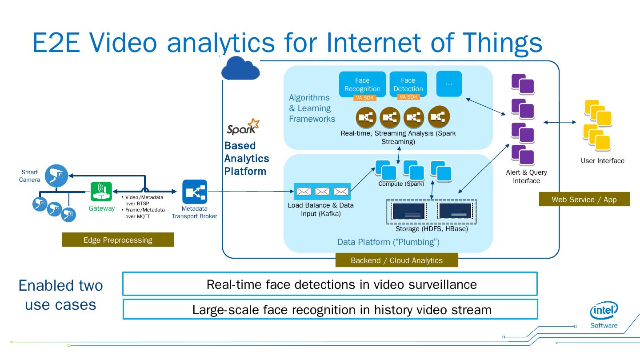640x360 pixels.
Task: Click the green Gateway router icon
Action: (x=101, y=192)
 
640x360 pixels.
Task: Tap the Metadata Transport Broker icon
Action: (x=195, y=192)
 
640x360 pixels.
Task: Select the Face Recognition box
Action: (x=362, y=84)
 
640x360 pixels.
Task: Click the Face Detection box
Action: (x=408, y=84)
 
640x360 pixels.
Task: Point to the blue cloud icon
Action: (x=240, y=68)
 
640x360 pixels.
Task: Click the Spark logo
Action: (x=243, y=127)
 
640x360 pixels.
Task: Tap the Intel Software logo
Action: (x=604, y=315)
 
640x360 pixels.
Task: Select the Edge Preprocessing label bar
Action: (x=118, y=240)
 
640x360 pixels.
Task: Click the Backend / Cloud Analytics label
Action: (x=396, y=260)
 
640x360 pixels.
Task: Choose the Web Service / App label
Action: (x=584, y=200)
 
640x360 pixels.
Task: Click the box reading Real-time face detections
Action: (x=330, y=284)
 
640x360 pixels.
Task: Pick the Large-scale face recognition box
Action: (x=330, y=309)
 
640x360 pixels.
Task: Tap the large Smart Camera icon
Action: (x=56, y=176)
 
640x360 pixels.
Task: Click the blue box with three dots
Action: (x=449, y=84)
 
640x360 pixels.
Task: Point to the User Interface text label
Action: (x=602, y=161)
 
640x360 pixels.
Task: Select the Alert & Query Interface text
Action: (x=526, y=176)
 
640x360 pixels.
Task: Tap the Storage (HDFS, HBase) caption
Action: (x=432, y=229)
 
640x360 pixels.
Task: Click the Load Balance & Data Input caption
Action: (x=320, y=209)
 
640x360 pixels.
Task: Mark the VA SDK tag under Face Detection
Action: (x=408, y=97)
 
